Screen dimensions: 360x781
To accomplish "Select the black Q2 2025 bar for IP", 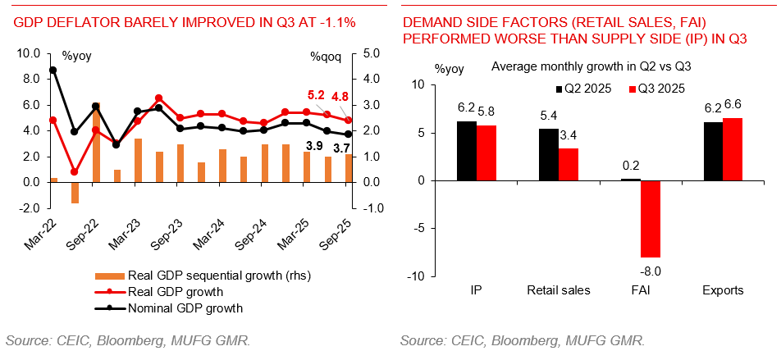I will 467,151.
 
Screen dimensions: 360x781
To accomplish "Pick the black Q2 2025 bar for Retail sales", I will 549,154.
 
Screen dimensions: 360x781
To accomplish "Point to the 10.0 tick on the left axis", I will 28,53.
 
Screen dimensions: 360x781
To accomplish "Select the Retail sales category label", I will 559,289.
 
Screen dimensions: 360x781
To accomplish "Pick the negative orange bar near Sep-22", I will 75,192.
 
